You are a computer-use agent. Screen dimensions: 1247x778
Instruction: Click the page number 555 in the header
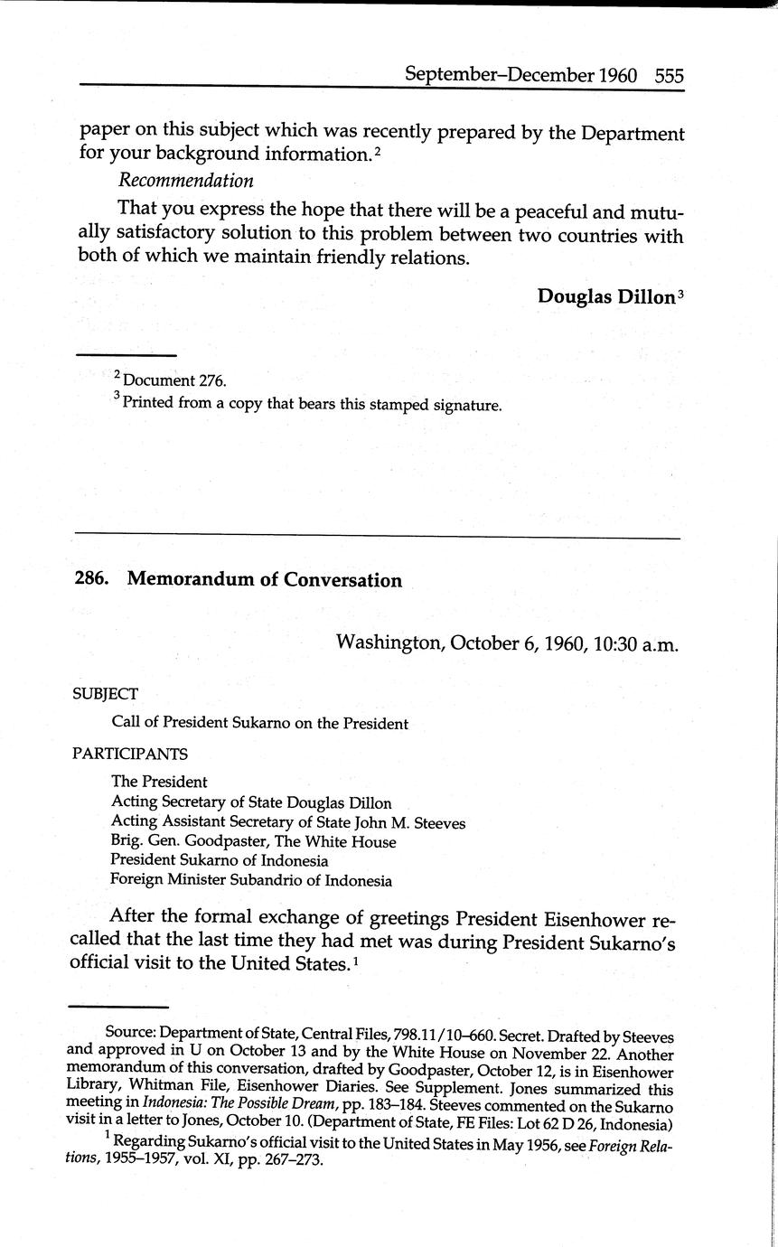coord(670,75)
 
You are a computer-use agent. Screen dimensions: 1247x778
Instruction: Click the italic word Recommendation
coord(186,181)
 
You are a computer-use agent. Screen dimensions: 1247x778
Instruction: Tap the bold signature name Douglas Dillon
coord(605,296)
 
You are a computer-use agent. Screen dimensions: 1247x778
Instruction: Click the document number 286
coord(91,580)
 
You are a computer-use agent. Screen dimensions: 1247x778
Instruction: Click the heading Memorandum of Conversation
coord(265,580)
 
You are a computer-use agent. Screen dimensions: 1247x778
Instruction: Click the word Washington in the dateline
coord(389,643)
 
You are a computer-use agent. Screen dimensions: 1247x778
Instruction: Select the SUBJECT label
coord(106,694)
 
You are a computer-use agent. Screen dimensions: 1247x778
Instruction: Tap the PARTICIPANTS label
coord(130,754)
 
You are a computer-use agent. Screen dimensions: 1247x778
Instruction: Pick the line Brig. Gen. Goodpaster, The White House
coord(253,842)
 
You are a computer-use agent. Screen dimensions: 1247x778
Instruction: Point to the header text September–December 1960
coord(521,75)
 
